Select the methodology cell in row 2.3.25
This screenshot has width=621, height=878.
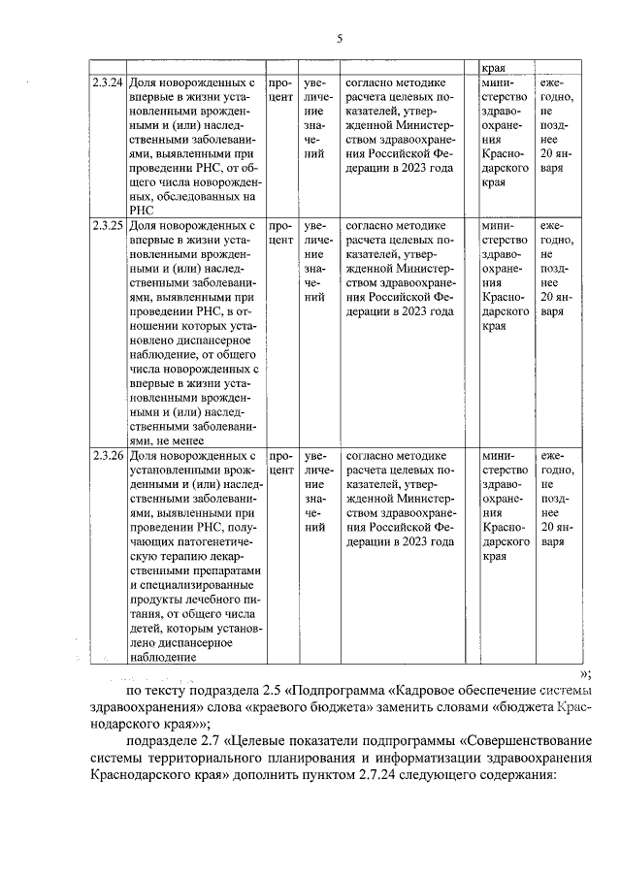point(398,268)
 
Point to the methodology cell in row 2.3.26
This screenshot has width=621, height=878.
point(398,497)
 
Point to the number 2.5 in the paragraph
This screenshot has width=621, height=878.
point(272,691)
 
